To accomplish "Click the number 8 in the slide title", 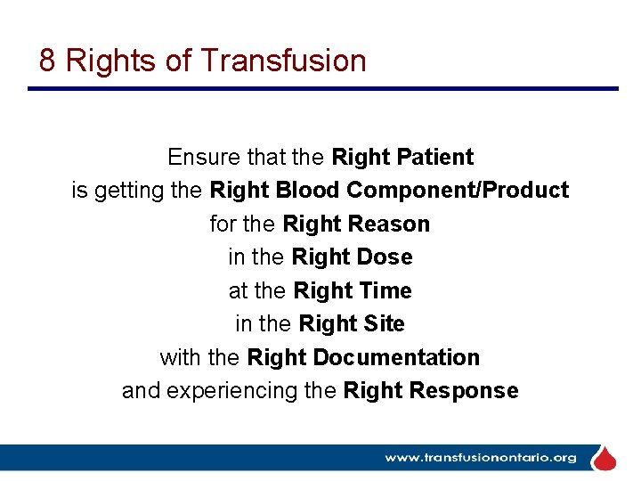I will pos(48,61).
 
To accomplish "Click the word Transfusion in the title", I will pos(283,61).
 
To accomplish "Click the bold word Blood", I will pos(307,191).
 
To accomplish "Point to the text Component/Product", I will pos(458,191).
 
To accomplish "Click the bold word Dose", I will pos(385,257).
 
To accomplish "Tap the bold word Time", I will pos(385,291).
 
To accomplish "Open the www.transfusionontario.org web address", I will pos(480,458).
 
